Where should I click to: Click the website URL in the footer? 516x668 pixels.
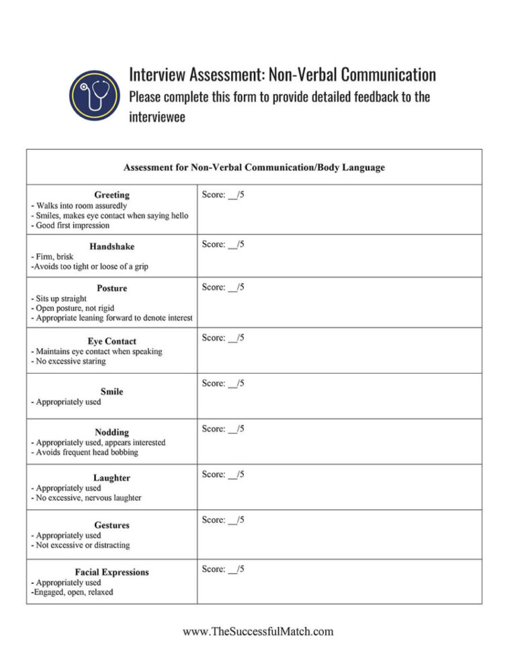pyautogui.click(x=258, y=631)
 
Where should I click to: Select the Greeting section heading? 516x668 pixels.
pyautogui.click(x=112, y=195)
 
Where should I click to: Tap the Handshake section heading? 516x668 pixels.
pyautogui.click(x=112, y=247)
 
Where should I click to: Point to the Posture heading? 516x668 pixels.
pyautogui.click(x=112, y=288)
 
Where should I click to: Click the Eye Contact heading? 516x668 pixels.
pyautogui.click(x=112, y=341)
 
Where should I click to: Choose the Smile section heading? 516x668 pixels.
pyautogui.click(x=112, y=391)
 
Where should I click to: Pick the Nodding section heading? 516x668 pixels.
pyautogui.click(x=112, y=432)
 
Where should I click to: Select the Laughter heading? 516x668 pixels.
pyautogui.click(x=112, y=478)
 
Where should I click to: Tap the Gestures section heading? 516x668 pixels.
pyautogui.click(x=112, y=525)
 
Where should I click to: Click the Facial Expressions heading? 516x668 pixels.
pyautogui.click(x=112, y=573)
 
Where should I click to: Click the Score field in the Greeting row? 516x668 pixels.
pyautogui.click(x=223, y=195)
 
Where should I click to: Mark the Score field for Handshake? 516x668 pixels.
pyautogui.click(x=223, y=245)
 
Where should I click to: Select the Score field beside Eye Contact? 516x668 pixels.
pyautogui.click(x=223, y=338)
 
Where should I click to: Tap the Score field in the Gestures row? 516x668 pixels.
pyautogui.click(x=223, y=520)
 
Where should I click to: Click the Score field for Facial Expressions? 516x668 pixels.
pyautogui.click(x=223, y=569)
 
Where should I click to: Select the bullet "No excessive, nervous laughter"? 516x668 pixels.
pyautogui.click(x=86, y=498)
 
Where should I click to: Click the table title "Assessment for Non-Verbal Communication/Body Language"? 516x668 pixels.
pyautogui.click(x=254, y=167)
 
